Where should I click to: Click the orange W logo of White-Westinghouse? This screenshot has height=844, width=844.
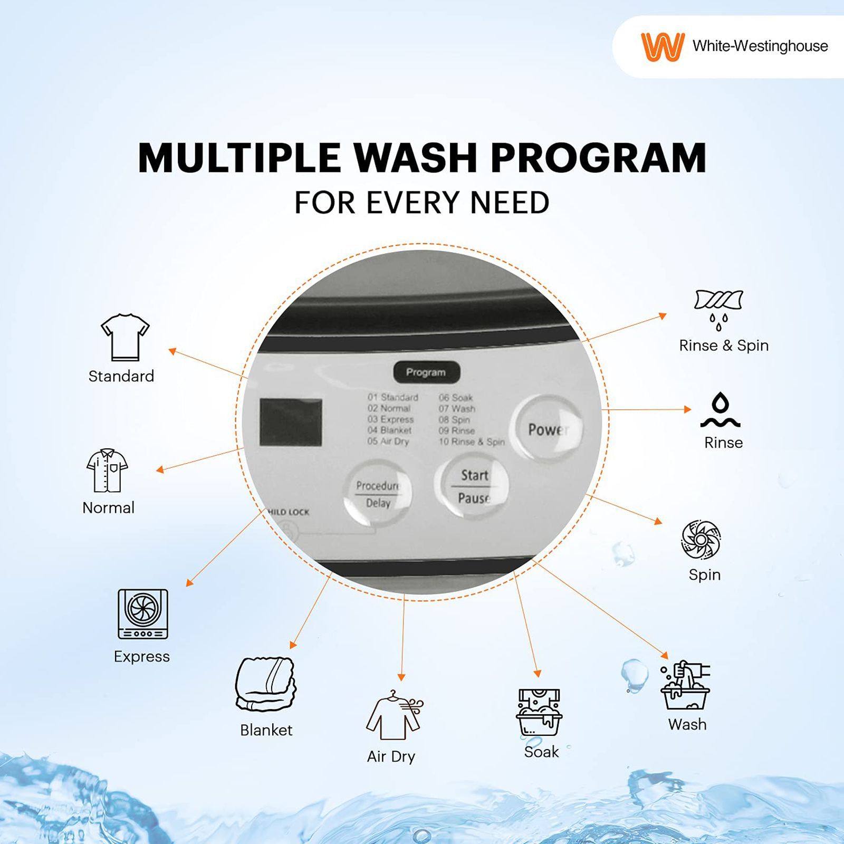click(662, 46)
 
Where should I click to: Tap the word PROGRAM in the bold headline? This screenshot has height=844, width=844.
click(598, 158)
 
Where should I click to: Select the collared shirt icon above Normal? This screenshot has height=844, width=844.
click(107, 470)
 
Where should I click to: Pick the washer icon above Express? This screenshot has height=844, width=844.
click(142, 614)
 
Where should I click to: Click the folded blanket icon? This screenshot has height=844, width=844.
click(265, 684)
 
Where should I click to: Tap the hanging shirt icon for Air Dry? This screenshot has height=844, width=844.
click(394, 715)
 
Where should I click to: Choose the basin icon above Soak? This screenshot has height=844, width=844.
click(539, 712)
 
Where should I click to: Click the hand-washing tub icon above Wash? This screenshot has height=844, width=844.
click(685, 685)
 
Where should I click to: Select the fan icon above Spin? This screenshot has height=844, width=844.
click(701, 540)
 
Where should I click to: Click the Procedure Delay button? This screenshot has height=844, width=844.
click(377, 494)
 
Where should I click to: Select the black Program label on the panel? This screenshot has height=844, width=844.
click(426, 372)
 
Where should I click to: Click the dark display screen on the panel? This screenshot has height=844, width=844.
click(291, 422)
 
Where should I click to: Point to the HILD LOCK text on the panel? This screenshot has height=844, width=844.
click(289, 512)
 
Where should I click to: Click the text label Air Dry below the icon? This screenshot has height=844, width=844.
click(391, 756)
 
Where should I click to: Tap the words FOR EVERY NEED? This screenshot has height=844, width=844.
click(421, 203)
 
